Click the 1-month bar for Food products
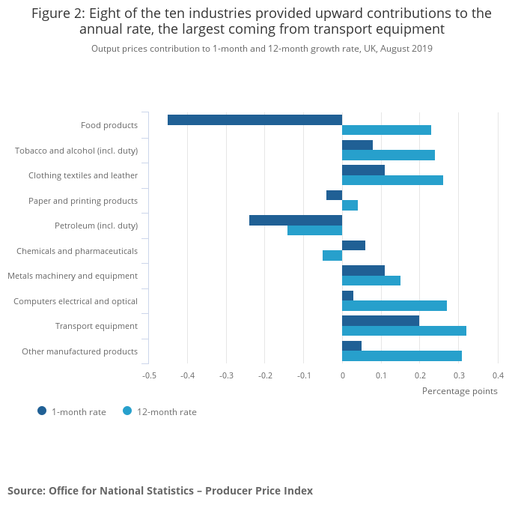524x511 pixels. point(255,120)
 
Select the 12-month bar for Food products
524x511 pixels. point(386,130)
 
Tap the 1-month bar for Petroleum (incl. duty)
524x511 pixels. point(296,220)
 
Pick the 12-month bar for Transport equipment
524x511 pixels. point(404,330)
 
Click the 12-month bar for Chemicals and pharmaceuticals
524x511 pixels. point(332,255)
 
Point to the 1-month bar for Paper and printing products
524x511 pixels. point(334,195)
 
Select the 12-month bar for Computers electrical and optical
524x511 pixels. point(394,306)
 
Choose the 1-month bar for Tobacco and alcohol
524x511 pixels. point(357,145)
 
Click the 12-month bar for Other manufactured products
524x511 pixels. point(402,356)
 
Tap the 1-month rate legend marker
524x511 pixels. point(42,411)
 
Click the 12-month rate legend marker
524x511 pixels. point(127,411)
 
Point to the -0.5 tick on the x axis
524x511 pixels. point(149,375)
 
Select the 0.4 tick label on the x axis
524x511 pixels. point(498,375)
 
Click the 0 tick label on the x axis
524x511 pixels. point(342,375)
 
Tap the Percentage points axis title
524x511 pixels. point(460,390)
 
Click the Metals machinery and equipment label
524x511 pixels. point(73,276)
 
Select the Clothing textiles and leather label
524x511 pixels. point(83,175)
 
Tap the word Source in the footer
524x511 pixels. point(25,491)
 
